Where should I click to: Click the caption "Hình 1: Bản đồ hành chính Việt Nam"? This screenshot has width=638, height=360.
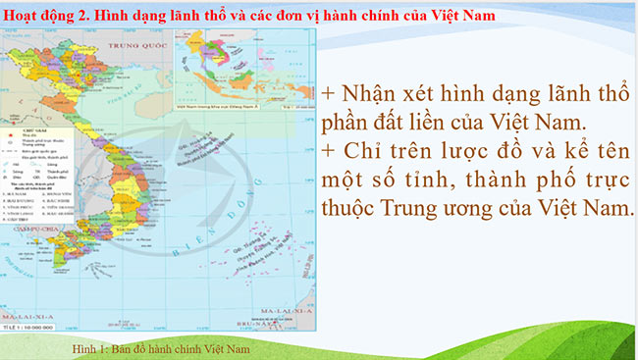pos(163,348)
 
